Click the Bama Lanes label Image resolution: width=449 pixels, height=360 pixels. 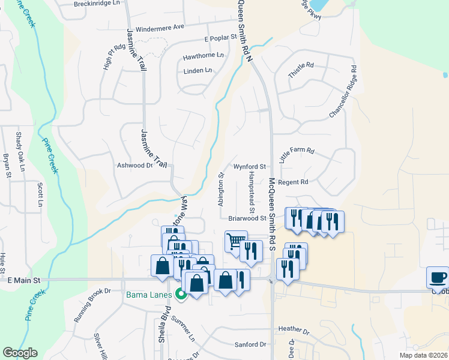148,294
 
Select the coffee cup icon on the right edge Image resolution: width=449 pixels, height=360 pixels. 438,278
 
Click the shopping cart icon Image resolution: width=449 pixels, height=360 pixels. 236,242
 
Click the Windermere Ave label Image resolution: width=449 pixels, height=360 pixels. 160,28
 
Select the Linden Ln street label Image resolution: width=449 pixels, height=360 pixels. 198,70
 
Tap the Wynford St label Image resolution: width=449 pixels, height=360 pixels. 250,166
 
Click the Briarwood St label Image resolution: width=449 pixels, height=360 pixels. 247,218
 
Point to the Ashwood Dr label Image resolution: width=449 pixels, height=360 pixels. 135,165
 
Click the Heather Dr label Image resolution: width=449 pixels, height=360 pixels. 294,330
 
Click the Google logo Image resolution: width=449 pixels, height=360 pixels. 20,353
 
